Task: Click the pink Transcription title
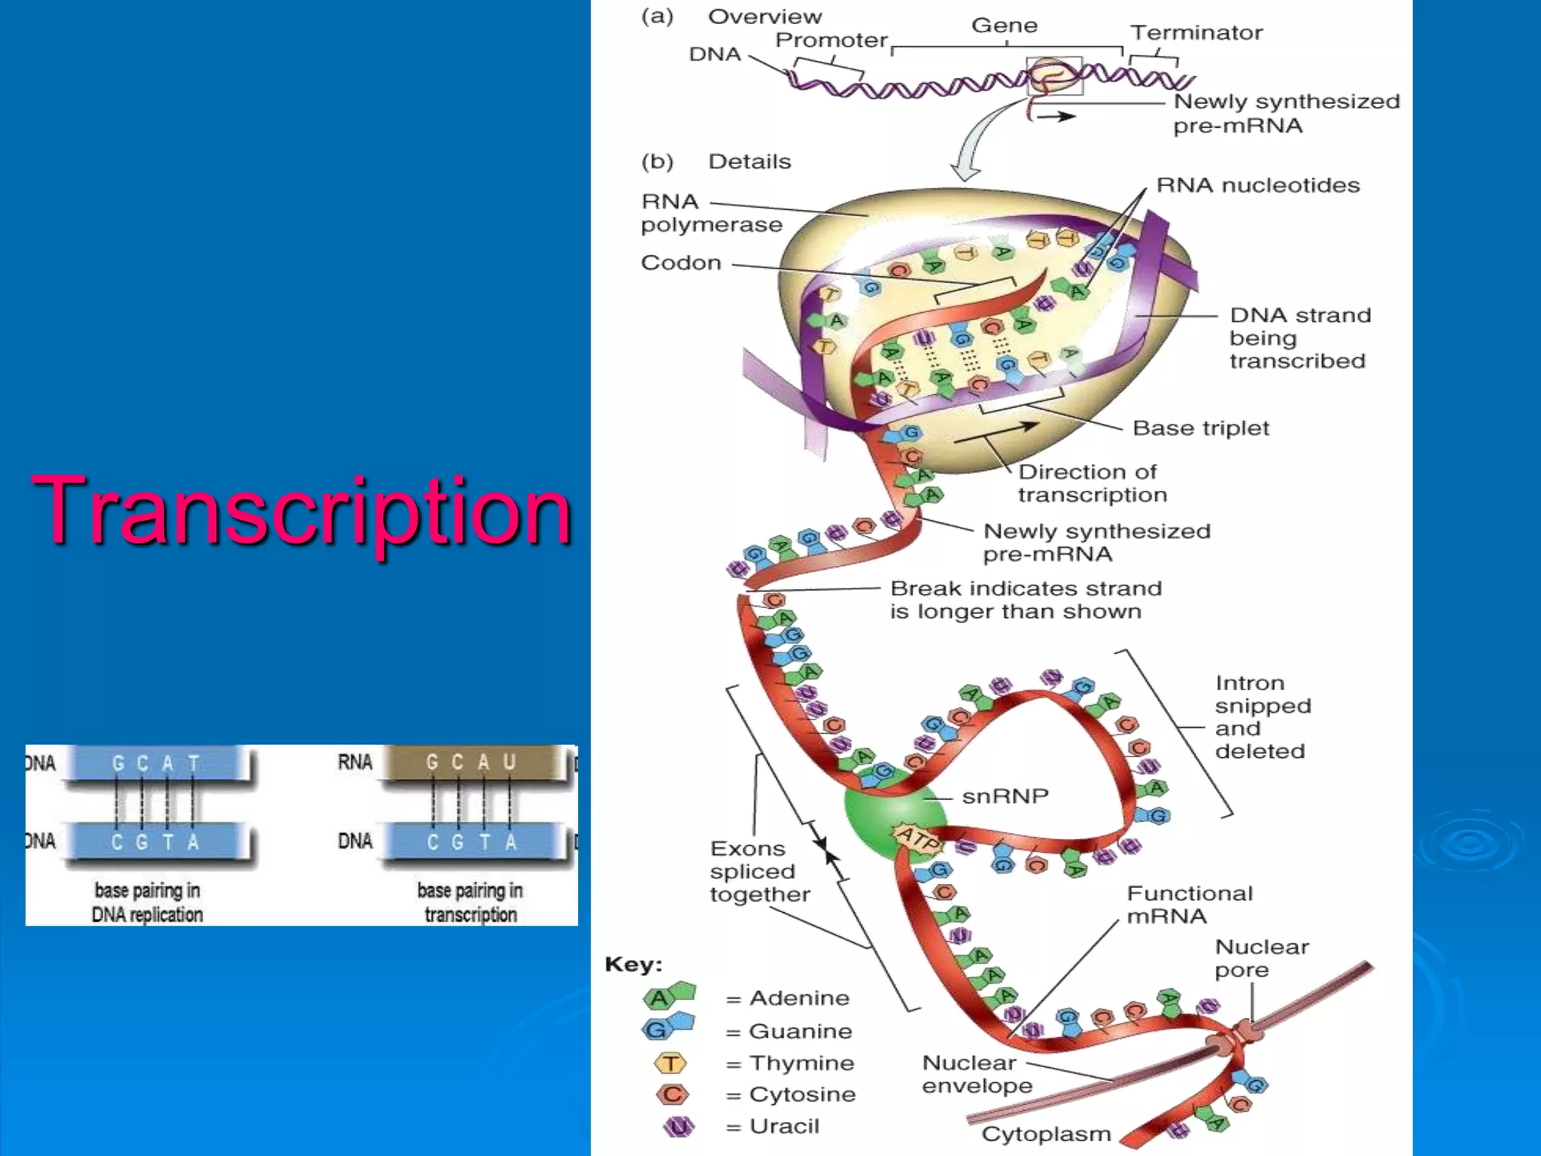click(x=301, y=512)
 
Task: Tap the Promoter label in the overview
click(x=831, y=40)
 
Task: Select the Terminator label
click(x=1196, y=32)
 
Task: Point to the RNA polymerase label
click(x=710, y=213)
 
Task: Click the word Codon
click(x=681, y=263)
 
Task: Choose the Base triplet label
click(x=1200, y=428)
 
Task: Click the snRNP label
click(x=1005, y=796)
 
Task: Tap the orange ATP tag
click(x=916, y=838)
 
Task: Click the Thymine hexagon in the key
click(x=670, y=1063)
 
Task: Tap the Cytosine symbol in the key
click(x=672, y=1094)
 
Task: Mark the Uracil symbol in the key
click(x=678, y=1127)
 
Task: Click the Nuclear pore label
click(x=1261, y=958)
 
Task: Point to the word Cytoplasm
click(x=1046, y=1134)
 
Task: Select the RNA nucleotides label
click(x=1257, y=185)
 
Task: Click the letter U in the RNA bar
click(x=509, y=762)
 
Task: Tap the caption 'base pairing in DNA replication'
click(x=147, y=902)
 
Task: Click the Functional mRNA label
click(x=1189, y=905)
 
